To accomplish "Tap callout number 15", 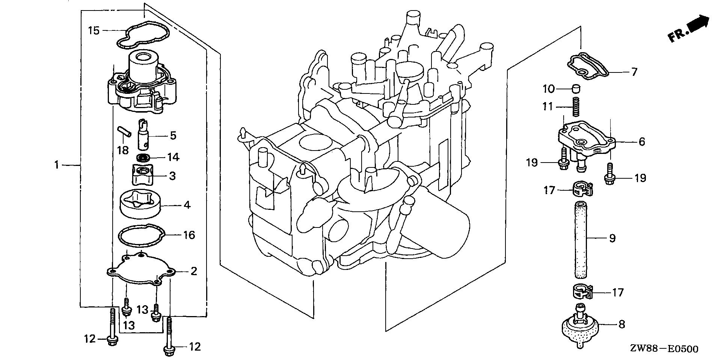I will pyautogui.click(x=94, y=30).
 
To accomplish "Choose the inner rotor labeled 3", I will pyautogui.click(x=143, y=175).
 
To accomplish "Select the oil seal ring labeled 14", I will pyautogui.click(x=144, y=157).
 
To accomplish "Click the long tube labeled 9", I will pyautogui.click(x=581, y=239).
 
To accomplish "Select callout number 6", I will pyautogui.click(x=641, y=142).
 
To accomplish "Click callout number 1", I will pyautogui.click(x=57, y=164).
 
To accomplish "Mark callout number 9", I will pyautogui.click(x=612, y=238).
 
